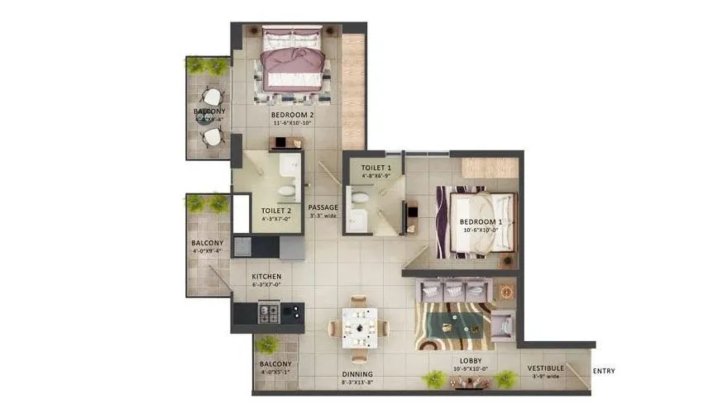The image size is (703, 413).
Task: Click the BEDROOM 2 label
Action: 293,115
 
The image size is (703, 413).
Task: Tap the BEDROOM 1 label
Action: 481,222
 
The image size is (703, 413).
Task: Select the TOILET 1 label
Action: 376,168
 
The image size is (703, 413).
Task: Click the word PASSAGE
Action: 322,208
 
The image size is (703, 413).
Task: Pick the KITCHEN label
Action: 267,276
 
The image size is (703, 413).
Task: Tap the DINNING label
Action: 358,374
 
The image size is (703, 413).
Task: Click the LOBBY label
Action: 471,361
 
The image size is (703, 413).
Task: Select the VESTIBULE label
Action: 546,368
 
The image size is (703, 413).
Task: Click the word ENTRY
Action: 604,371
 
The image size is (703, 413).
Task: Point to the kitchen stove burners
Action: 270,313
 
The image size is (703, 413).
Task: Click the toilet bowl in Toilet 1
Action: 361,198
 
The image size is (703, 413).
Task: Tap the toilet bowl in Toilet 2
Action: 286,192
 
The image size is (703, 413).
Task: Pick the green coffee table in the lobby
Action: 455,318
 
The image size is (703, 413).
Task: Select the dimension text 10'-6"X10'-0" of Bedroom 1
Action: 481,230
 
